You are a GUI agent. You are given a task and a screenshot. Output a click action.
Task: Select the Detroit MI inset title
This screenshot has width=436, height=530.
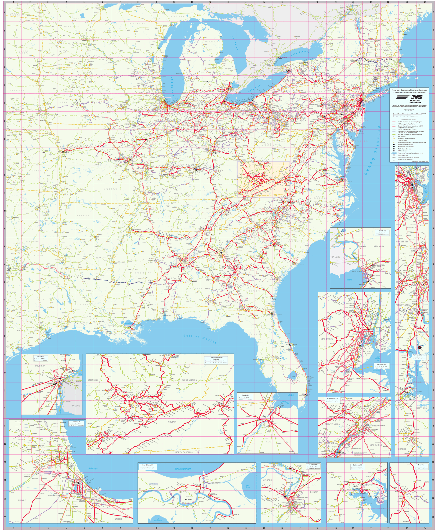click(x=40, y=356)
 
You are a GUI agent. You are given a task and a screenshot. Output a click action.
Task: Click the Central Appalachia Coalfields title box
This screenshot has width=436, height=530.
click(x=216, y=358)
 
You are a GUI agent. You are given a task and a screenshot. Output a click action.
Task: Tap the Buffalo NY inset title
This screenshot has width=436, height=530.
click(x=382, y=231)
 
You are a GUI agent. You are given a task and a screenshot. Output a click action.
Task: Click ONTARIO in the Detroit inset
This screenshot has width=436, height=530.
click(x=75, y=406)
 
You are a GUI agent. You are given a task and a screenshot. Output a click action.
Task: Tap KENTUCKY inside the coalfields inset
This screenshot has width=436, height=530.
click(x=93, y=380)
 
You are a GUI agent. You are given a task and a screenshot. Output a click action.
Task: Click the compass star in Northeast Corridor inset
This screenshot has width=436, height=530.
click(x=419, y=347)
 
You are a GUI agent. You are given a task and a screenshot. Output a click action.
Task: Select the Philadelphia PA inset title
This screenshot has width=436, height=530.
click(x=332, y=399)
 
